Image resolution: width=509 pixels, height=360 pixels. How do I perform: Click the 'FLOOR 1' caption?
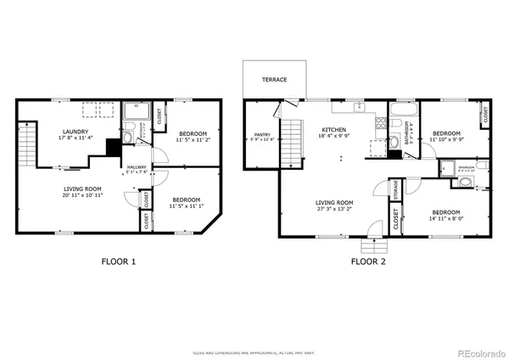point(118,262)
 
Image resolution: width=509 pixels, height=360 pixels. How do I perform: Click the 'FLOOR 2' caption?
point(368,262)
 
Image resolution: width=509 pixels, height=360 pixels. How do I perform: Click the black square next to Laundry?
point(112,147)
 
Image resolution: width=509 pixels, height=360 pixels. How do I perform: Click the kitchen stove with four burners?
point(394,128)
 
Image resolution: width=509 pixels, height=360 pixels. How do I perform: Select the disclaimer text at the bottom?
point(254,352)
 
